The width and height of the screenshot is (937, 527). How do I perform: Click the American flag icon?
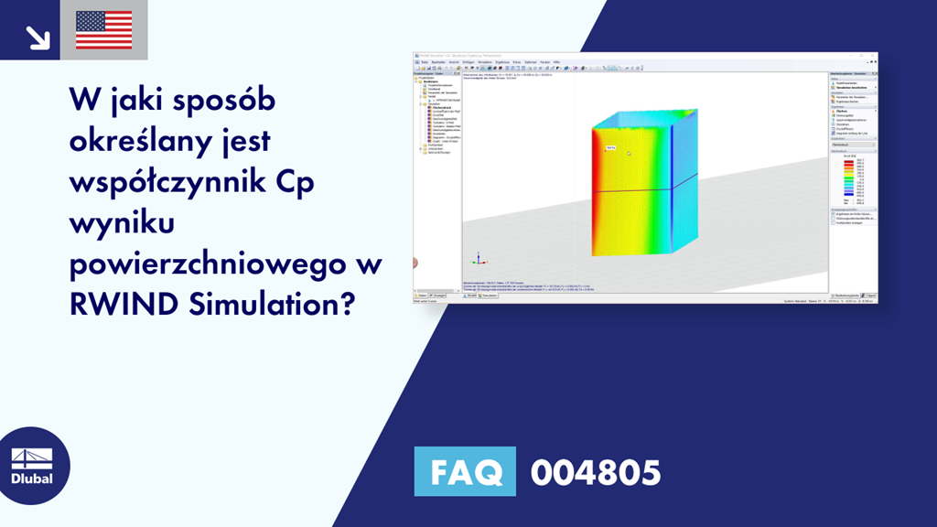103,29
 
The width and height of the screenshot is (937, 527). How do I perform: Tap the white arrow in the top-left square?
37,37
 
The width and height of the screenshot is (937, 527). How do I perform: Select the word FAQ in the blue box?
465,472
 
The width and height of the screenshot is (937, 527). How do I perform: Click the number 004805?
596,472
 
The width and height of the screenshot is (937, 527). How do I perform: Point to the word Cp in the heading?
295,181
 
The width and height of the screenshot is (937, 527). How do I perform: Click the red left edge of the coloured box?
596,192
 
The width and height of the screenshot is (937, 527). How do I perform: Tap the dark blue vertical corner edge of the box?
673,183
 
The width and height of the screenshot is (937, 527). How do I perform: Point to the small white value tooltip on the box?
610,146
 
